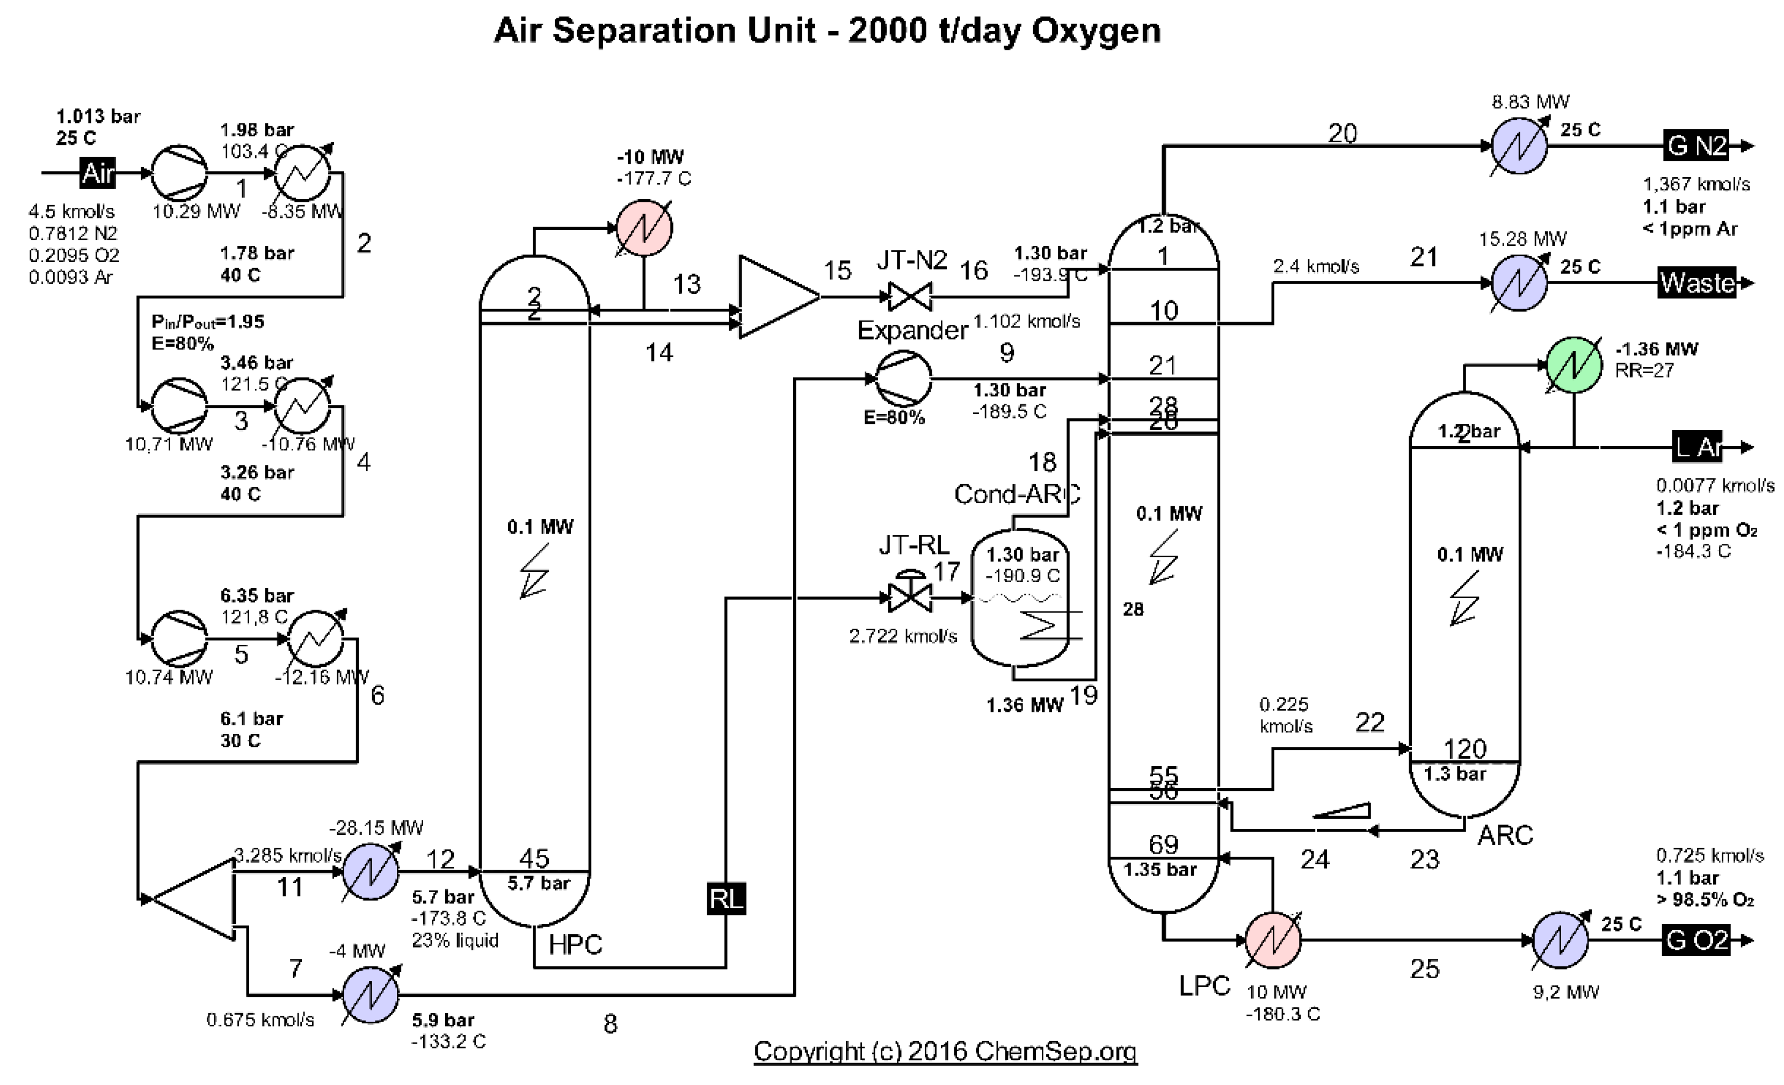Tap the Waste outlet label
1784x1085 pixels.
1696,283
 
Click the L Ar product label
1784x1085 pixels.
1696,447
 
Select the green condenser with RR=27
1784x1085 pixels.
1574,365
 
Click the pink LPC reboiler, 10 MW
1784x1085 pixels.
1273,940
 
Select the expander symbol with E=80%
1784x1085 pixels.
904,378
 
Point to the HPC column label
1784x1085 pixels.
575,944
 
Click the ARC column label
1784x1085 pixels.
1505,835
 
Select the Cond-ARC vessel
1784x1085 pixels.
1019,597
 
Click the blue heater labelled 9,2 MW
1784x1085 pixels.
1560,940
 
